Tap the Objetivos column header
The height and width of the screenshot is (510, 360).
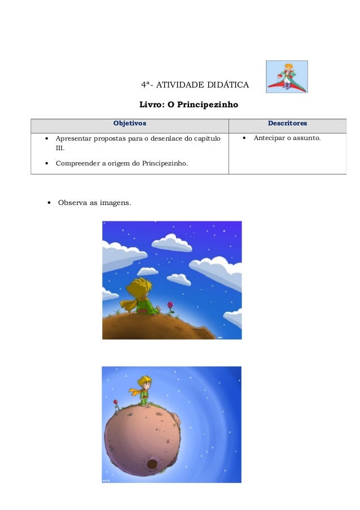[130, 123]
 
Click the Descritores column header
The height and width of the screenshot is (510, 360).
[287, 123]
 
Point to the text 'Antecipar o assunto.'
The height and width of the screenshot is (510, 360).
[287, 138]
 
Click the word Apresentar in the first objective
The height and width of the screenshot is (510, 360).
[73, 138]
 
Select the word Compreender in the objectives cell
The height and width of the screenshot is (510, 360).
[78, 164]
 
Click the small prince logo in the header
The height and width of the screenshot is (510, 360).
[287, 77]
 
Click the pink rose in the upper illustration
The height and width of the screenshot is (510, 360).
[170, 305]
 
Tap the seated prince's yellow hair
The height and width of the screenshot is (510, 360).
[139, 287]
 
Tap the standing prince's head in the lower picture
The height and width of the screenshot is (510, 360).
[145, 382]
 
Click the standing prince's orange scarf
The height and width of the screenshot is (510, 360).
[137, 391]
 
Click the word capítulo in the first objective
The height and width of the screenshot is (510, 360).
[208, 138]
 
